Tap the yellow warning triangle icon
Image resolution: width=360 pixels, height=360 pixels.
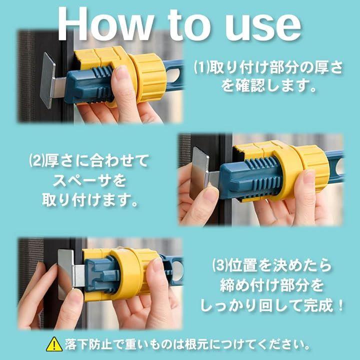coord(54,344)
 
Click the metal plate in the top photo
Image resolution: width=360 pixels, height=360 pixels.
coord(48,80)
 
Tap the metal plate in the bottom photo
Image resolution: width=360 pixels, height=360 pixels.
coord(66,274)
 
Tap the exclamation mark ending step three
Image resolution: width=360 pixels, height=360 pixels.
coord(340,305)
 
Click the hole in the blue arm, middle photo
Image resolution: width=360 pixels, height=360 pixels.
coord(339,167)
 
